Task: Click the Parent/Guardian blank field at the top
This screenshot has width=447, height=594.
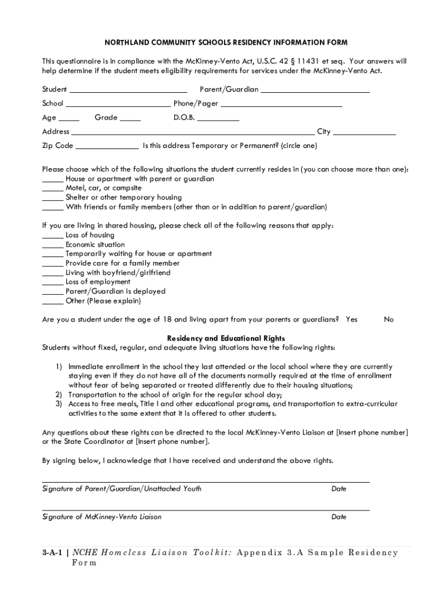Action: [x=315, y=91]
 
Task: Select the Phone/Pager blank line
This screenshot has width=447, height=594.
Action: [x=281, y=105]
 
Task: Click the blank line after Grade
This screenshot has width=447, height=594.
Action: [x=130, y=119]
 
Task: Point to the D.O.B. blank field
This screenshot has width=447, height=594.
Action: [x=218, y=119]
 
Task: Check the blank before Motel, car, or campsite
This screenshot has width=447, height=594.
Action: [x=53, y=189]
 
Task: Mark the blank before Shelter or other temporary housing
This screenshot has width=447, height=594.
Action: [x=53, y=198]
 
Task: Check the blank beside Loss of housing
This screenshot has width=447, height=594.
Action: [x=53, y=236]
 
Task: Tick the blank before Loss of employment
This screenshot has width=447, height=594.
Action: [x=53, y=283]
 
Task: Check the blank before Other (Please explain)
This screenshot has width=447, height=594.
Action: [x=53, y=302]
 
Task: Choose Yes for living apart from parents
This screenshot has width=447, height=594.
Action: [x=351, y=320]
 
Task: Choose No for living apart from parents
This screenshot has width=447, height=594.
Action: [x=389, y=320]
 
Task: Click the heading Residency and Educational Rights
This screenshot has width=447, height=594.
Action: [x=226, y=338]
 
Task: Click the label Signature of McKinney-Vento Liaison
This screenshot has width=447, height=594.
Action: [x=102, y=517]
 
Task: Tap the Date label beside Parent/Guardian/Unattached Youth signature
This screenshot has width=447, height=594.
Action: [x=338, y=489]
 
